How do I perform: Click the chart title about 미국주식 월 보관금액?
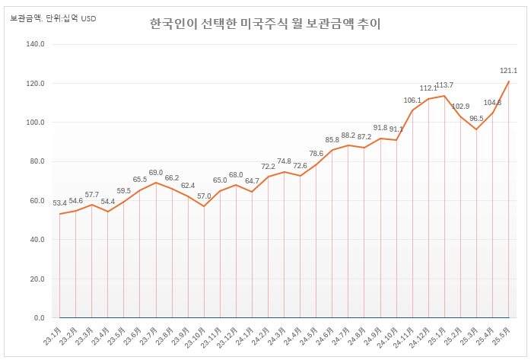tap(265, 24)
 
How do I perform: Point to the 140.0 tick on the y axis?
tap(36, 44)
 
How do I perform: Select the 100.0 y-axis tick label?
tap(36, 123)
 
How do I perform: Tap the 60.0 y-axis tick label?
tap(36, 201)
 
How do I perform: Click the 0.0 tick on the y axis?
tap(39, 317)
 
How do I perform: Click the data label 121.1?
tap(508, 71)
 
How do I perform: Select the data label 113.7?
tap(444, 85)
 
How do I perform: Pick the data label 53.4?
tap(60, 203)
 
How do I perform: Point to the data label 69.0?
tap(156, 173)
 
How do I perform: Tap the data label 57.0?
tap(204, 196)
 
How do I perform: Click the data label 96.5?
tap(476, 119)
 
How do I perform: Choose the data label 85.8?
tap(332, 140)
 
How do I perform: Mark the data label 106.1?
tap(412, 100)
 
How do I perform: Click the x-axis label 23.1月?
tap(54, 335)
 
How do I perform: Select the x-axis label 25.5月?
tap(503, 335)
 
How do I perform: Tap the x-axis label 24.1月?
tap(246, 335)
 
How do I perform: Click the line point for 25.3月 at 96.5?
tap(476, 129)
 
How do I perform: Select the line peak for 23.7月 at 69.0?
tap(156, 183)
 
